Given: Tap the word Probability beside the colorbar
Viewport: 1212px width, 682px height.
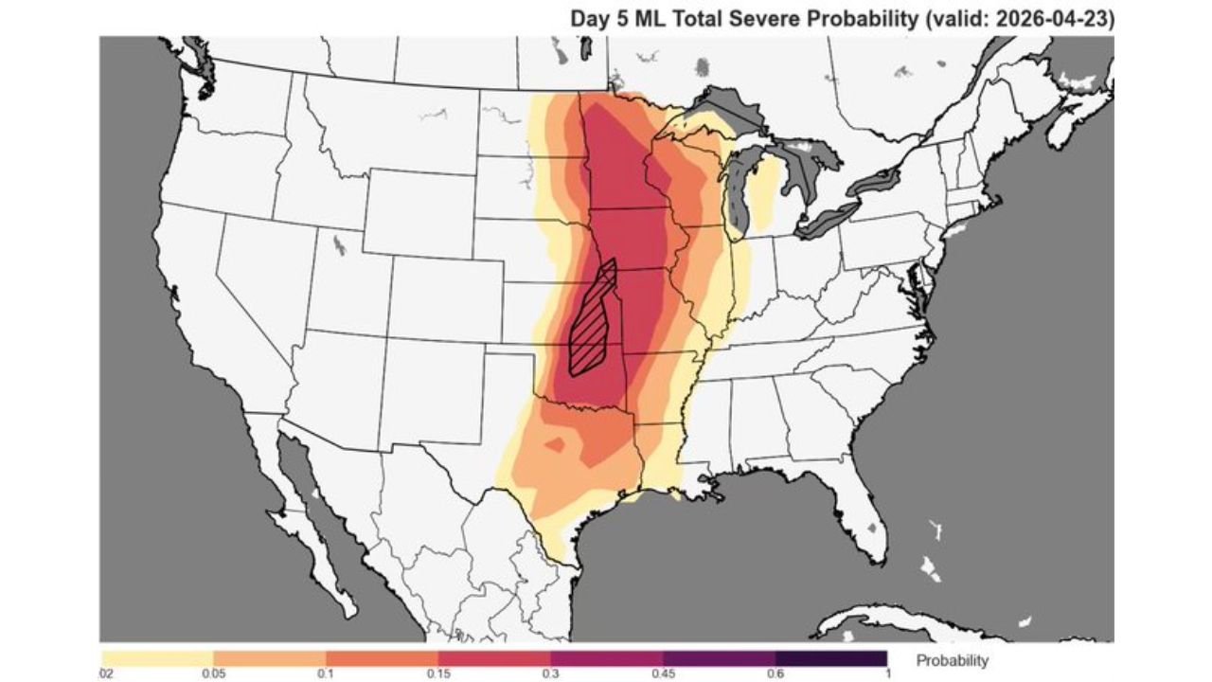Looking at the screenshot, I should tap(952, 660).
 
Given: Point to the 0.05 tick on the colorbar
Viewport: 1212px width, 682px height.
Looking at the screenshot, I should tap(214, 673).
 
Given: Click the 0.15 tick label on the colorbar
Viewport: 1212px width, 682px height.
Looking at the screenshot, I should tap(437, 673).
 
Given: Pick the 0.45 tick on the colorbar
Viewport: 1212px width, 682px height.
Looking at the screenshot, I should tap(663, 673).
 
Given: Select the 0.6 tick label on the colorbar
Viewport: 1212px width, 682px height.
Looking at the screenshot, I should tap(775, 673).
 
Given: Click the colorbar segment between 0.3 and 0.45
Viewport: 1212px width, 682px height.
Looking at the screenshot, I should tap(606, 657).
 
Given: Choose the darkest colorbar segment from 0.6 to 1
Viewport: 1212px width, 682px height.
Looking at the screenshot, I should tap(830, 657).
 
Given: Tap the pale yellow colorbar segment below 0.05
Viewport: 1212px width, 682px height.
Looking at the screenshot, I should tap(157, 657).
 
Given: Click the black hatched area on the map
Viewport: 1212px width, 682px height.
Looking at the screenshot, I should tap(592, 322).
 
